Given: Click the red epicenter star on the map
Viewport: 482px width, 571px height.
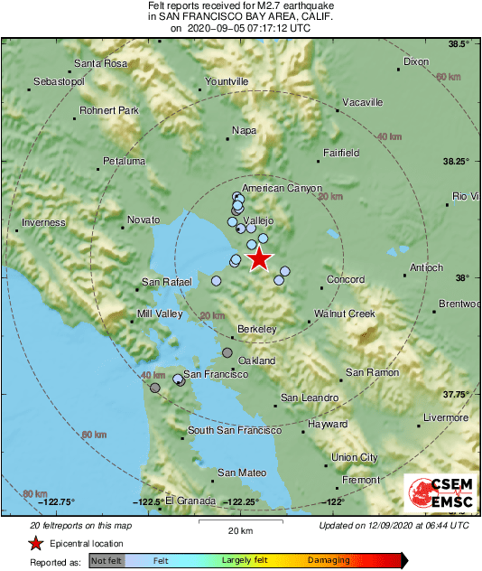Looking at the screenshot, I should [259, 259].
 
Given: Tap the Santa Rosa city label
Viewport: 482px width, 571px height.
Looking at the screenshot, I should [99, 63].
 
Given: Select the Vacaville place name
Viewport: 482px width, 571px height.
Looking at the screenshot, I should [364, 101].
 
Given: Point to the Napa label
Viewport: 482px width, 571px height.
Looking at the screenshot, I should [245, 130].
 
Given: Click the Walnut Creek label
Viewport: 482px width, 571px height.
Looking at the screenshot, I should [344, 314].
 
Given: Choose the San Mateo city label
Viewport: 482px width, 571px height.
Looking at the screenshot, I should [242, 473].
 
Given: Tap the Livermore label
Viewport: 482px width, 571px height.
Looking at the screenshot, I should [447, 417].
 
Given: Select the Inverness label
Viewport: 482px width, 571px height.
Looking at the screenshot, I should [44, 222].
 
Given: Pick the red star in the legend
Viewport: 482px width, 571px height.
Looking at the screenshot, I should [35, 543].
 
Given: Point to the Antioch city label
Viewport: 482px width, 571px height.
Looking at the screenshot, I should [427, 267].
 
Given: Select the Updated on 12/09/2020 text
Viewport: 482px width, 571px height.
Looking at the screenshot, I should [394, 526].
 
